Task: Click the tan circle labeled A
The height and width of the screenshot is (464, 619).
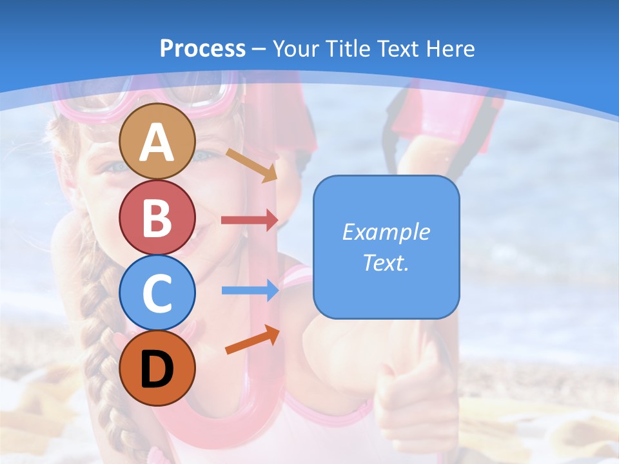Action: (x=157, y=141)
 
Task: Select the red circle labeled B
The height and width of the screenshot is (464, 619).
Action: (x=157, y=217)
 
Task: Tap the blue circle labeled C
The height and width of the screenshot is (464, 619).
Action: (x=157, y=293)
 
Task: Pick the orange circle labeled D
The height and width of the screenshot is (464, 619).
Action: (x=157, y=368)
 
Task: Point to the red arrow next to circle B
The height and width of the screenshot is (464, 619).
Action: (x=250, y=220)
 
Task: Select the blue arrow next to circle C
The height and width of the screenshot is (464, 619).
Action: (x=250, y=291)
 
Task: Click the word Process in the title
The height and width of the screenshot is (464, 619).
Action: (x=202, y=48)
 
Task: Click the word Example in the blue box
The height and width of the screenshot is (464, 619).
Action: (x=386, y=232)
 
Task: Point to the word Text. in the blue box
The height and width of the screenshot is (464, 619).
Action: (x=386, y=262)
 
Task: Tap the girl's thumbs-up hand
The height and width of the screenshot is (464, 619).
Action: (x=413, y=380)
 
